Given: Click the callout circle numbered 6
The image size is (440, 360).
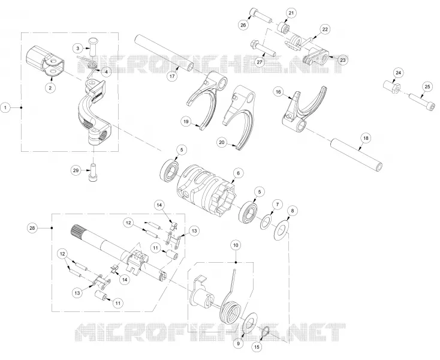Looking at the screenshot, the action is (x=238, y=173).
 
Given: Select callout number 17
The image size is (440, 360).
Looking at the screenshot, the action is (x=173, y=76).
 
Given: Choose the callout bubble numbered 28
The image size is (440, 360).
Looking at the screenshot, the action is (x=32, y=228).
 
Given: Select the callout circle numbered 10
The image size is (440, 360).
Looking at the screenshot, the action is (x=236, y=245).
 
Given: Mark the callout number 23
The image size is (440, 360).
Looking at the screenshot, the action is (x=343, y=60).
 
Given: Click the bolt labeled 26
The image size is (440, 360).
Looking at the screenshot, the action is (x=261, y=16).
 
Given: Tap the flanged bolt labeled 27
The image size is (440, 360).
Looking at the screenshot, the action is (x=263, y=48).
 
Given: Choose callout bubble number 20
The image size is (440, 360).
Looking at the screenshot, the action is (x=222, y=142).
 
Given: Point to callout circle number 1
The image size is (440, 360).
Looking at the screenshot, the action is (x=5, y=107).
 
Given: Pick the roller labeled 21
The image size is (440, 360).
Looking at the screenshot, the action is (x=284, y=28).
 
